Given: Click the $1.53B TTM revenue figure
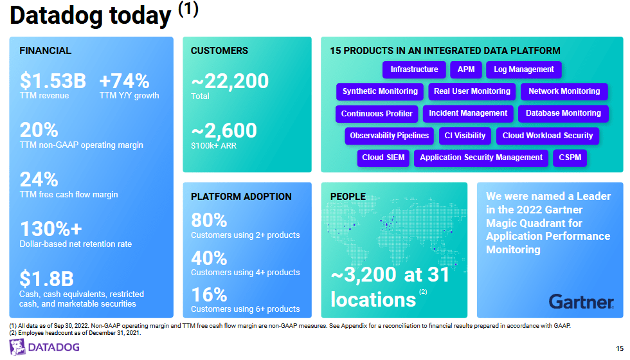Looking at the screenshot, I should click(x=53, y=82).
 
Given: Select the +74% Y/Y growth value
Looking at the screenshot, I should click(x=124, y=82).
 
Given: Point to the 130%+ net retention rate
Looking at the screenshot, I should click(x=51, y=229).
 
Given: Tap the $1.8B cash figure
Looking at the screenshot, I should click(x=46, y=278).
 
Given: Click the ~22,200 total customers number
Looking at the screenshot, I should click(x=230, y=82).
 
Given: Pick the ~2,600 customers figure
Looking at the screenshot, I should click(x=224, y=130).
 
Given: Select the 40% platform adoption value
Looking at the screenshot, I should click(x=209, y=258).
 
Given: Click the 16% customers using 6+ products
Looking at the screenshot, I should click(x=209, y=295).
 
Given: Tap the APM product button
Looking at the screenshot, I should click(x=466, y=69).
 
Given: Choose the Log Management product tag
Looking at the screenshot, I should click(x=524, y=69).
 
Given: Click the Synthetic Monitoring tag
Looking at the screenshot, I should click(x=380, y=91).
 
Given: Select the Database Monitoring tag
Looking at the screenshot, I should click(x=563, y=114).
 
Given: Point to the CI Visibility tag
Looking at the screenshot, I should click(x=465, y=136).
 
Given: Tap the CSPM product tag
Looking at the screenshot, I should click(x=570, y=157).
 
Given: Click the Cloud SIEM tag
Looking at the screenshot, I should click(x=383, y=157).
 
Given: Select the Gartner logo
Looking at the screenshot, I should click(x=581, y=301).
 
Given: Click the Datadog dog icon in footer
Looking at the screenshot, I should click(x=17, y=348).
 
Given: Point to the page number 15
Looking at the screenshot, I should click(x=619, y=348).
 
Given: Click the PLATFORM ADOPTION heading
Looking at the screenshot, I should click(x=241, y=197).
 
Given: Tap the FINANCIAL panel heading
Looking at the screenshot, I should click(x=45, y=51).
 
